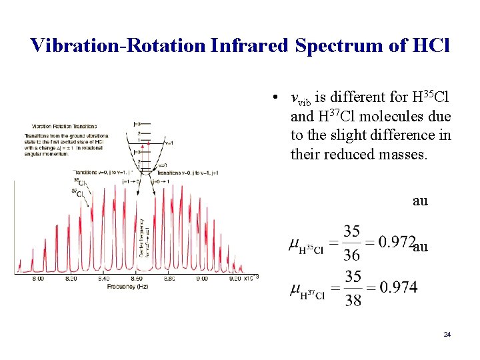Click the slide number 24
pyautogui.click(x=447, y=333)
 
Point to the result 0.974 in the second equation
pyautogui.click(x=397, y=287)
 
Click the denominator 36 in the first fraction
pyautogui.click(x=352, y=255)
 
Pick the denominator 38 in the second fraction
pyautogui.click(x=353, y=300)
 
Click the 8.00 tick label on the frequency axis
pyautogui.click(x=38, y=278)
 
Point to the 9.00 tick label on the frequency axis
pyautogui.click(x=202, y=278)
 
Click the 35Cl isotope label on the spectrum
pyautogui.click(x=78, y=181)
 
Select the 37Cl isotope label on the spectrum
pyautogui.click(x=77, y=193)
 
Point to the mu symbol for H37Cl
pyautogui.click(x=294, y=288)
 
